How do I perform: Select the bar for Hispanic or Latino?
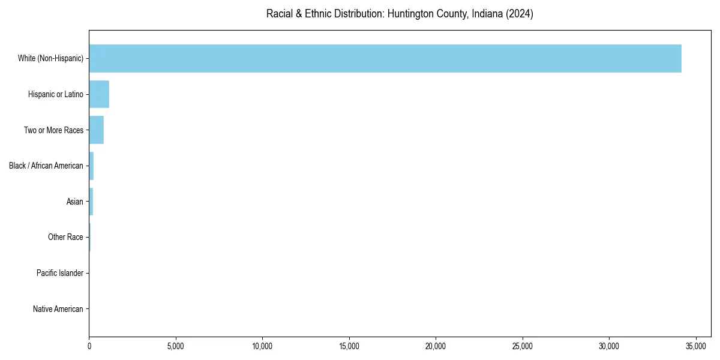(x=99, y=94)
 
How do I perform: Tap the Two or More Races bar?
(x=97, y=130)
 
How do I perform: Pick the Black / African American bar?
(x=91, y=166)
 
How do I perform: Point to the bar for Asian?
(x=91, y=202)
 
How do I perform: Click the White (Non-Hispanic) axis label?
(x=51, y=58)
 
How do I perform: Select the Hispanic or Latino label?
(x=56, y=94)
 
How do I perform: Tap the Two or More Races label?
(x=53, y=130)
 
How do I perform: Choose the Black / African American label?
(x=46, y=166)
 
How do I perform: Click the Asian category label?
(x=75, y=202)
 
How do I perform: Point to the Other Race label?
(x=65, y=238)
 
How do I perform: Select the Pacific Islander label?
(x=60, y=274)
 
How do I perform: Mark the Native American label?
(x=58, y=310)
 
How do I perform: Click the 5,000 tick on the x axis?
(x=176, y=346)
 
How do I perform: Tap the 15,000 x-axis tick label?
(x=349, y=346)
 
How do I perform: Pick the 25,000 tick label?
(x=523, y=346)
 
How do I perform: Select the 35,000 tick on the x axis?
(x=696, y=346)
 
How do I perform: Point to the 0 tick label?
(x=89, y=346)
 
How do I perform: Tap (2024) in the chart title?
(x=519, y=14)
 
